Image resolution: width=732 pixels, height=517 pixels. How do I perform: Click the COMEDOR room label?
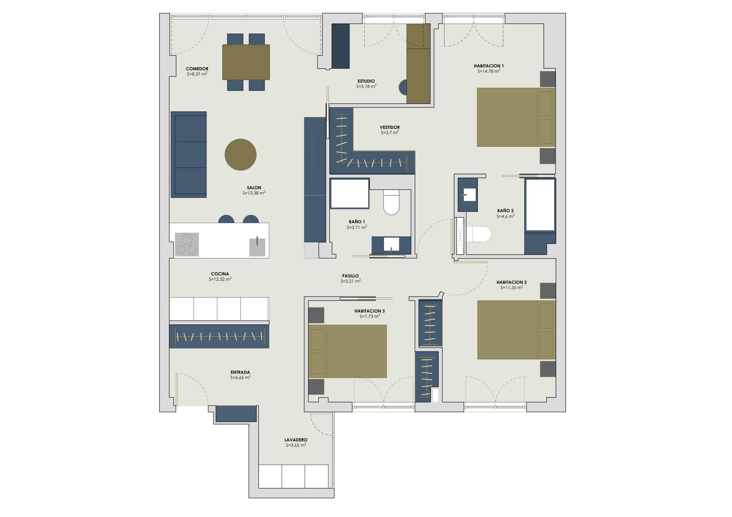click(x=197, y=69)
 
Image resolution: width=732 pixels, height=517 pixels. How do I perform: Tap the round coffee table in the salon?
click(x=240, y=155)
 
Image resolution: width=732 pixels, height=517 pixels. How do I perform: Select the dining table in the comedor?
click(x=246, y=62)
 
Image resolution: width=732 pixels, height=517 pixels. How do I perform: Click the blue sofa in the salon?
click(x=189, y=155)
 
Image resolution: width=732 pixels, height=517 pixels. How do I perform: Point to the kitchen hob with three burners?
click(x=187, y=244)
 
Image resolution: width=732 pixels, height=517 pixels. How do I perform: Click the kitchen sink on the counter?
click(x=257, y=247)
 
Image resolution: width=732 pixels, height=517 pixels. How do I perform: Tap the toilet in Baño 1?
click(x=391, y=202)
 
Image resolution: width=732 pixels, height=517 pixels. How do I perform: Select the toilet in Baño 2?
click(x=479, y=234)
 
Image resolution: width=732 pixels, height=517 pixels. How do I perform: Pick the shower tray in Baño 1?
click(x=350, y=194)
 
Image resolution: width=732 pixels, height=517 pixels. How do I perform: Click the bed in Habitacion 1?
click(x=516, y=117)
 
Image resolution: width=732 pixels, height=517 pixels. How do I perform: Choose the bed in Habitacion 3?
click(x=347, y=351)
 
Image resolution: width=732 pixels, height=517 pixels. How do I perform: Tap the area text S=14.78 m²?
click(x=489, y=71)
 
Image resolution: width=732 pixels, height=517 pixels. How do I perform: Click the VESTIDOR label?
click(x=390, y=127)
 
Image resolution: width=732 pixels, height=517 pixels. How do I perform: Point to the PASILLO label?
click(x=350, y=276)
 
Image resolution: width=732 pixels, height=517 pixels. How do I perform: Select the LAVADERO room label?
click(x=296, y=440)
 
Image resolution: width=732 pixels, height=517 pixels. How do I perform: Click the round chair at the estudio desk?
click(x=403, y=87)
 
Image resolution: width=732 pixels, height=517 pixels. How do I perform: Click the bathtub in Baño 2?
click(x=540, y=205)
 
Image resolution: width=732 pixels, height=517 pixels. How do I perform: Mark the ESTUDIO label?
click(x=366, y=81)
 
